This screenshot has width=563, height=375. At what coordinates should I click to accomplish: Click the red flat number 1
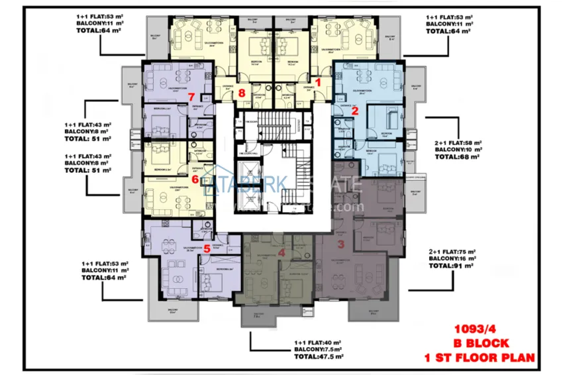click(x=317, y=83)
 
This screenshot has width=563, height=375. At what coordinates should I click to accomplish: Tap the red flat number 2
click(x=354, y=111)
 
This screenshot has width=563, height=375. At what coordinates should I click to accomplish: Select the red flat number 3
click(x=341, y=243)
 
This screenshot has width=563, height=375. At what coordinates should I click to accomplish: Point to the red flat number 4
click(x=281, y=252)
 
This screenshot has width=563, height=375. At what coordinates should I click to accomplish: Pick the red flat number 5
click(x=207, y=248)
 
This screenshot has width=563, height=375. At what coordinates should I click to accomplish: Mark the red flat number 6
click(x=195, y=178)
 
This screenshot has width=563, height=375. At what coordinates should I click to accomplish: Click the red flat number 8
click(x=242, y=93)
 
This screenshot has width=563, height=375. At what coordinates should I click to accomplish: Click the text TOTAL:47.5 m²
click(x=319, y=356)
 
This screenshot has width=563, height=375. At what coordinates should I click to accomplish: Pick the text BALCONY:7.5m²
click(x=319, y=350)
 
